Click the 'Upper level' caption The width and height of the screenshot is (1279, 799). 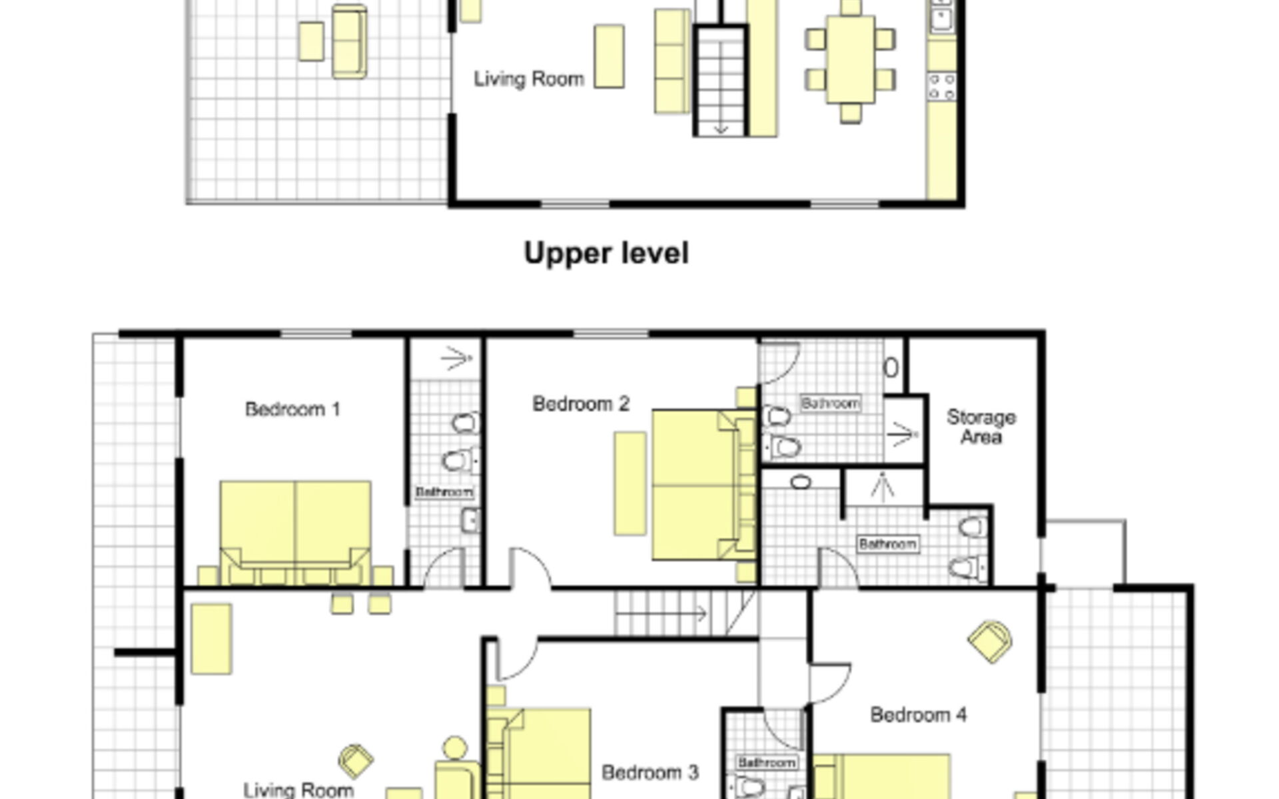(x=606, y=254)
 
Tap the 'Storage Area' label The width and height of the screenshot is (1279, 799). (x=981, y=427)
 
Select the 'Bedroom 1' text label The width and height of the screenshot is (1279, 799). (x=293, y=409)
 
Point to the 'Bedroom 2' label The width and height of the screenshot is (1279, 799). (x=581, y=403)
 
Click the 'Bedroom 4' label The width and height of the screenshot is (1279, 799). (x=919, y=714)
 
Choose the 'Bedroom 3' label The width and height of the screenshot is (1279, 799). (x=650, y=772)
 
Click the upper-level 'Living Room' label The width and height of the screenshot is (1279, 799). (x=529, y=79)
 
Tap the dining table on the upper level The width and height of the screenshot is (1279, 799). (x=850, y=59)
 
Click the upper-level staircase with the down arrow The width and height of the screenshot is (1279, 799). (x=720, y=81)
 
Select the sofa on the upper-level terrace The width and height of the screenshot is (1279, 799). (x=349, y=41)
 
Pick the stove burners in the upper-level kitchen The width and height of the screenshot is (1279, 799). (x=942, y=87)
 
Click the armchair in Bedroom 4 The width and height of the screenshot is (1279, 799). (x=990, y=641)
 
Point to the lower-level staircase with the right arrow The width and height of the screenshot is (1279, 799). (x=685, y=613)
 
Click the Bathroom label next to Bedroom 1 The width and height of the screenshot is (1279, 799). (x=444, y=492)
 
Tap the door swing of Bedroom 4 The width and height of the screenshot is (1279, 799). (x=830, y=682)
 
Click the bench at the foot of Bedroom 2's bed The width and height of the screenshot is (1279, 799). (x=630, y=483)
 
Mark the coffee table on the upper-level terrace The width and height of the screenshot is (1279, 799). (x=311, y=41)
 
